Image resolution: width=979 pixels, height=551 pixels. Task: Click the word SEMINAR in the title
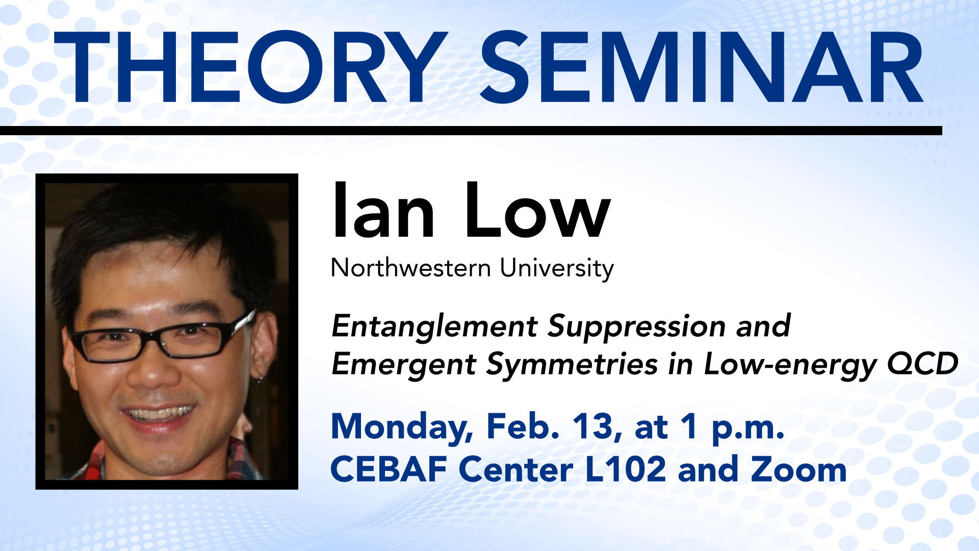pyautogui.click(x=702, y=67)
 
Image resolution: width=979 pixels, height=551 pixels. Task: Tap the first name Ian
pyautogui.click(x=383, y=211)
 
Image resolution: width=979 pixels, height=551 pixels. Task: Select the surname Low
pyautogui.click(x=537, y=211)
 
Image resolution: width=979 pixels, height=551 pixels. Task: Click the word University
pyautogui.click(x=557, y=269)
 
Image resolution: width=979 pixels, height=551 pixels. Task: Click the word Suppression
pyautogui.click(x=637, y=327)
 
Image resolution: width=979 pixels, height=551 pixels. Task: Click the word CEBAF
pyautogui.click(x=390, y=469)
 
